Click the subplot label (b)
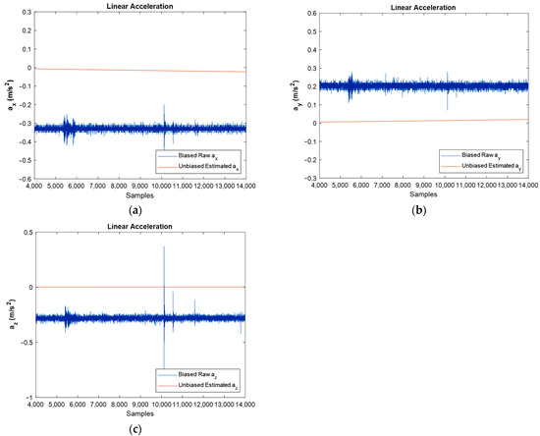click(x=424, y=208)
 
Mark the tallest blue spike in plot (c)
click(x=164, y=247)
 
